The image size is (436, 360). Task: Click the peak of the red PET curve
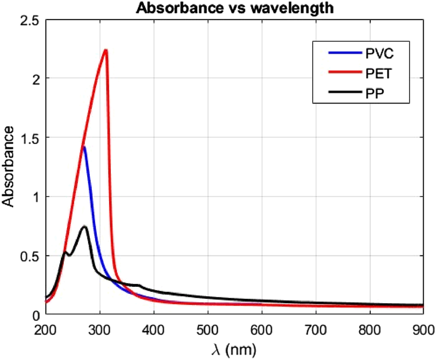coord(106,50)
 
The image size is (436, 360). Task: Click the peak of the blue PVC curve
coord(84,147)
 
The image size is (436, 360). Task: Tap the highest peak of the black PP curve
coord(85,227)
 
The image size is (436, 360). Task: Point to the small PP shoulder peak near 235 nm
coord(65,252)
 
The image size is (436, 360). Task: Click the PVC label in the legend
coord(379,53)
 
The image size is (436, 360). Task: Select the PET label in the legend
coord(378,73)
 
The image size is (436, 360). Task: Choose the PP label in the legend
coord(375,94)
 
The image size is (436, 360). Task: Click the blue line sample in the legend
coord(345,53)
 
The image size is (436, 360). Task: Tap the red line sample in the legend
coord(345,72)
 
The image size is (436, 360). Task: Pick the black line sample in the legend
coord(345,92)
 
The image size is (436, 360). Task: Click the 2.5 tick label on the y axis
coord(30,21)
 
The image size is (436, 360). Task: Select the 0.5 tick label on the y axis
coord(30,256)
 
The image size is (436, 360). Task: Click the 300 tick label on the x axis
coord(100,330)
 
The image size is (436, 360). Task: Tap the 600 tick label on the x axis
coord(262,330)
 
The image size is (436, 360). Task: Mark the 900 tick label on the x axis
coord(424,330)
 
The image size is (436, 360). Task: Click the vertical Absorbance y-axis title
coord(8,167)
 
